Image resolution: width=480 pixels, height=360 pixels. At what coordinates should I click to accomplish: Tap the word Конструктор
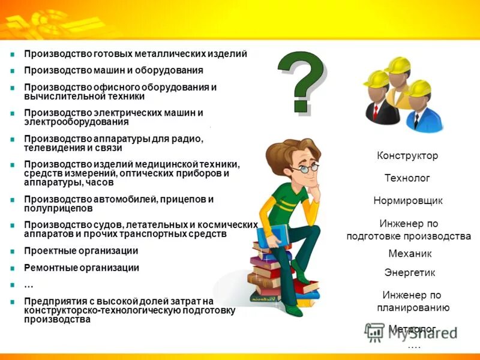[x=407, y=156]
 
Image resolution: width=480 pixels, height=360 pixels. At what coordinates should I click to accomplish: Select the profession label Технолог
[x=407, y=178]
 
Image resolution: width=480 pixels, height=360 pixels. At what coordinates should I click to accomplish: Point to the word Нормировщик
[x=407, y=200]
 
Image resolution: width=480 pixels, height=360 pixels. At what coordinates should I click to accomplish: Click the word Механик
[x=410, y=254]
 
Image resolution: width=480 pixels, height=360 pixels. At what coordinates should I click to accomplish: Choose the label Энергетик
[x=410, y=272]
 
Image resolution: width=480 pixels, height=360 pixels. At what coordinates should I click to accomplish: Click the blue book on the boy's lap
[x=278, y=238]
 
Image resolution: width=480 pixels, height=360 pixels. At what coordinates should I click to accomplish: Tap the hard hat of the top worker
[x=397, y=64]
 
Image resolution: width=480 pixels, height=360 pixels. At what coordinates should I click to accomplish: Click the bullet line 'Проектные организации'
[x=81, y=251]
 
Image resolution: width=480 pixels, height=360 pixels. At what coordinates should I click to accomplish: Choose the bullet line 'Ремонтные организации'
[x=81, y=268]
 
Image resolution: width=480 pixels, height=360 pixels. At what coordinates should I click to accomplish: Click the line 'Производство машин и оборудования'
[x=113, y=70]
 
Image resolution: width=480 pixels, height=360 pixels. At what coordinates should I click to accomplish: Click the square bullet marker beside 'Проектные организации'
[x=12, y=251]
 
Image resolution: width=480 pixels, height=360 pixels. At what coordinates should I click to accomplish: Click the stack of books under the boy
[x=270, y=273]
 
